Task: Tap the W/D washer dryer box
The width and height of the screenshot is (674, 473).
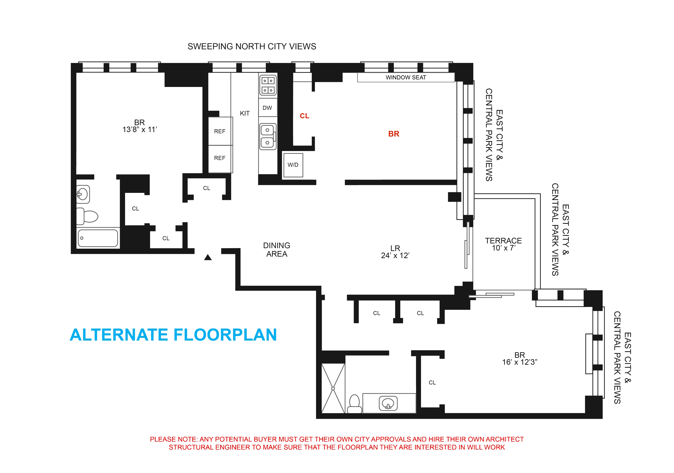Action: [x=293, y=165]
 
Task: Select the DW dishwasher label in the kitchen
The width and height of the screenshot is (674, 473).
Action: [x=267, y=108]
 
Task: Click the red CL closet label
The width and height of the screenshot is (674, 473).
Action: [x=304, y=116]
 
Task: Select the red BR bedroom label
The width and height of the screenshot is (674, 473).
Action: [x=394, y=134]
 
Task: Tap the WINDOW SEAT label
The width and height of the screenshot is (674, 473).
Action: [x=406, y=78]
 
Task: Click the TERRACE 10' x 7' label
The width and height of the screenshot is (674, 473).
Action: [x=503, y=244]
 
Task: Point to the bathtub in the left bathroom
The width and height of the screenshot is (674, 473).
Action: [x=98, y=238]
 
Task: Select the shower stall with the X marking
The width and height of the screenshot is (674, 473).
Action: [x=333, y=388]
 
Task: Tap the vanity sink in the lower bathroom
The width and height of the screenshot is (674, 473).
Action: [x=388, y=403]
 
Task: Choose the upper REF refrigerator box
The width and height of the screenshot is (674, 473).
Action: [x=220, y=131]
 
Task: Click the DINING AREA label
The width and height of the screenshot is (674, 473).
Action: [x=276, y=250]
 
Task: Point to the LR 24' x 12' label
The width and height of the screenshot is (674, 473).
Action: [x=395, y=252]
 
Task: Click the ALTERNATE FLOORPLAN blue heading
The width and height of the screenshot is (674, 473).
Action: [x=173, y=335]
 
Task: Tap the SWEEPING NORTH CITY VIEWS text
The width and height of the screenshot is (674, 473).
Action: [x=252, y=46]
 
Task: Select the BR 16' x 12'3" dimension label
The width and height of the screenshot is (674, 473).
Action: [x=519, y=359]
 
